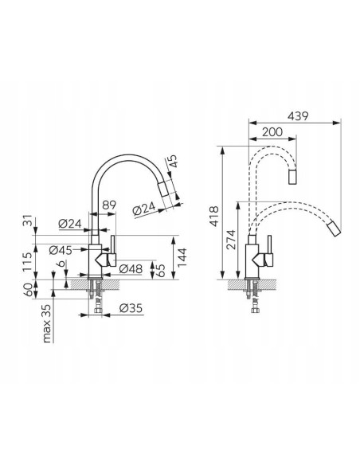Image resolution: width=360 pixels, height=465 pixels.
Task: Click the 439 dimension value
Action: (298, 116)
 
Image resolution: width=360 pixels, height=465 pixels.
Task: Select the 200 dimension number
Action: (272, 132)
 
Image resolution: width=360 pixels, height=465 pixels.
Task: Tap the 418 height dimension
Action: (213, 217)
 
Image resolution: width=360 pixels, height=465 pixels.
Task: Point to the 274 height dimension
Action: (230, 240)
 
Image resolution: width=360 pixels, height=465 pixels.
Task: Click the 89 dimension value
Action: (109, 205)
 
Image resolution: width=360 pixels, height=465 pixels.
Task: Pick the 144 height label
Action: (182, 257)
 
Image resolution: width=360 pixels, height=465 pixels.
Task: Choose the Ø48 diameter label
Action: (131, 269)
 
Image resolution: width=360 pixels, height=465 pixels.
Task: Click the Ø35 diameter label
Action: (131, 308)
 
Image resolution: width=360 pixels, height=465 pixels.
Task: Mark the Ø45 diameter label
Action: (61, 250)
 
